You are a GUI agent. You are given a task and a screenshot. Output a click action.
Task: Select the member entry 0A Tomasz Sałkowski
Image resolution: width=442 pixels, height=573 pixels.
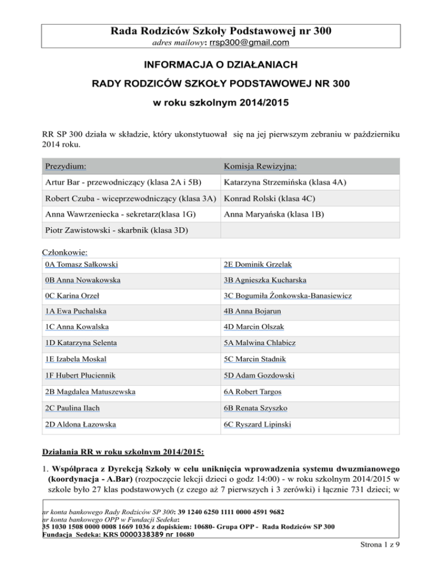coord(81,265)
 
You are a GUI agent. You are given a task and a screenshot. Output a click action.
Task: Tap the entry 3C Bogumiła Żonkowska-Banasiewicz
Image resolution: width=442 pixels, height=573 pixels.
coord(288,296)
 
